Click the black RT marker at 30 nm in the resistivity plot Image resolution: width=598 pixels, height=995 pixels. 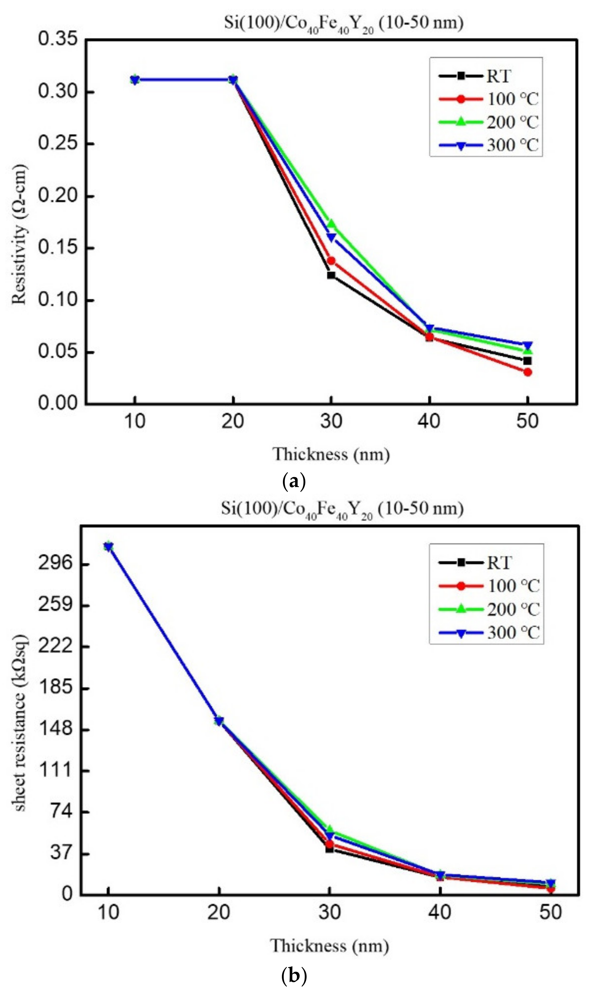pos(331,275)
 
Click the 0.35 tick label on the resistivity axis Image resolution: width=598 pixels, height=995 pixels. pos(58,39)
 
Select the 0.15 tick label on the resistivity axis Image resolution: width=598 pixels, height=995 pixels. pos(58,247)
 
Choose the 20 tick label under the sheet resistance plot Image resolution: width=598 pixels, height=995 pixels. pos(219,912)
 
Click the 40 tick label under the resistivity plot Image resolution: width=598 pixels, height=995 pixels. pos(429,421)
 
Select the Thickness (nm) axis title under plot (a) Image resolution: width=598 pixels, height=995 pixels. pos(331,454)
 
